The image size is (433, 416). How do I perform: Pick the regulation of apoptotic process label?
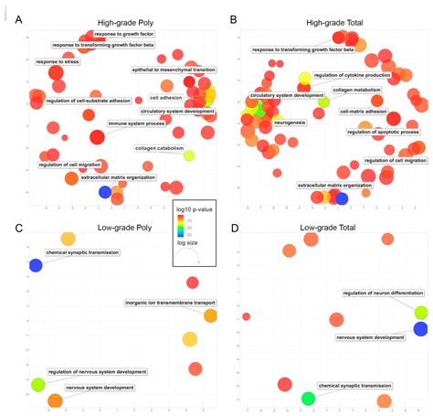pos(383,132)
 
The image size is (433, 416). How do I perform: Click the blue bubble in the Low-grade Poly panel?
pos(36,265)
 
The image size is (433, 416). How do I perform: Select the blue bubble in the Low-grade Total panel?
pos(420,329)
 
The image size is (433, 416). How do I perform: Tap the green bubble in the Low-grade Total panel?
pos(308,398)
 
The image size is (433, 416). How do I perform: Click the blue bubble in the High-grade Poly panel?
pos(105,191)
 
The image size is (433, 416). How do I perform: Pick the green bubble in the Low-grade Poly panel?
pos(37,385)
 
